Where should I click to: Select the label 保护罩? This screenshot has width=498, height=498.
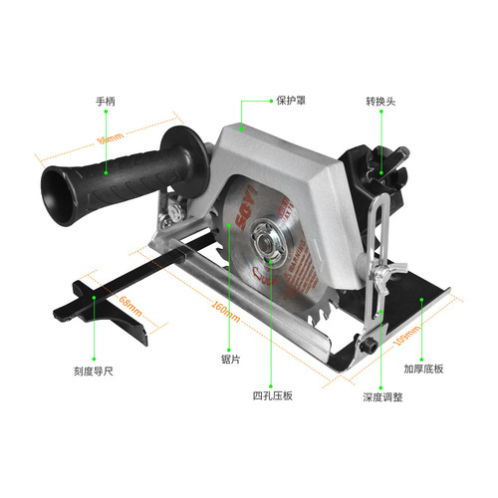290,102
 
